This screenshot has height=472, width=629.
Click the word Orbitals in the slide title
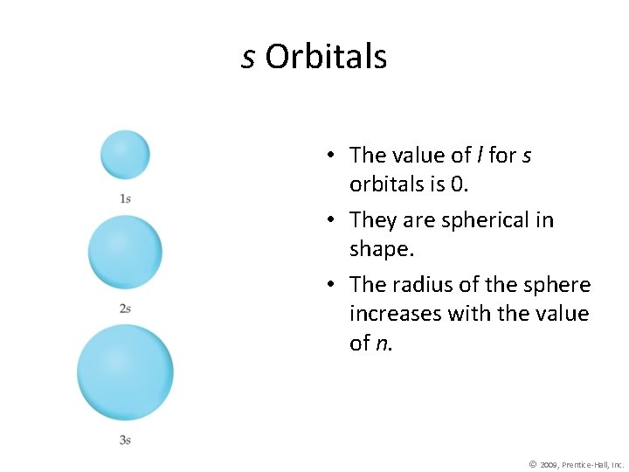point(326,58)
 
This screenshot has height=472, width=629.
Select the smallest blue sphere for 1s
point(125,155)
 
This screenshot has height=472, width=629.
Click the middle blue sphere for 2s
point(125,252)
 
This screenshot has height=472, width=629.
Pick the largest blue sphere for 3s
point(125,371)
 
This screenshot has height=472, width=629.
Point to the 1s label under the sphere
point(125,198)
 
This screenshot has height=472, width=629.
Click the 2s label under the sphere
point(125,308)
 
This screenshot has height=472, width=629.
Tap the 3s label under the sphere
point(125,440)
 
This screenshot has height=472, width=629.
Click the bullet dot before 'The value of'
point(333,156)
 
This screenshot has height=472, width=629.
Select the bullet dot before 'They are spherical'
point(333,220)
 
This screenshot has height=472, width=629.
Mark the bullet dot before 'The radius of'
point(333,285)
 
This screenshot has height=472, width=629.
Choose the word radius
point(418,285)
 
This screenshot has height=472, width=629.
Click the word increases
point(395,314)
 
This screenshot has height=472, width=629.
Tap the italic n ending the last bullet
point(382,344)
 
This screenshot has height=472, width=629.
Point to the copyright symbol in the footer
point(532,463)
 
